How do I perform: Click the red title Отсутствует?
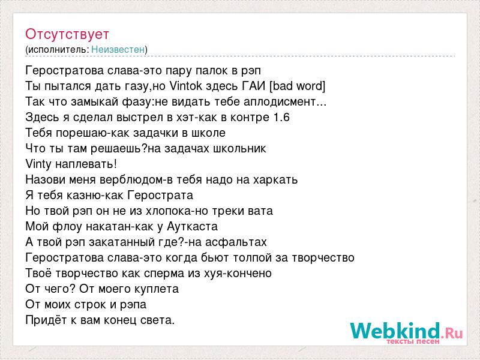coord(67,34)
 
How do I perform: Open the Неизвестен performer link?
coord(118,49)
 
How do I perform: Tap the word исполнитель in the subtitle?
coord(58,50)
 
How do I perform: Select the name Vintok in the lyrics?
coord(186,86)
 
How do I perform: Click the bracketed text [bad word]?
coord(297,86)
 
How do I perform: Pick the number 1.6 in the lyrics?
coord(281,117)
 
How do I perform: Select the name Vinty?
coord(38,164)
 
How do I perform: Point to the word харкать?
coord(275,179)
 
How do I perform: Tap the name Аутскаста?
coord(192,227)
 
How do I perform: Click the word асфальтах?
coord(236,242)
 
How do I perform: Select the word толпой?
coord(252,258)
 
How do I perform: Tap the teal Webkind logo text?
coord(395,331)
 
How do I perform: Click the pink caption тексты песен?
coord(413,341)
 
